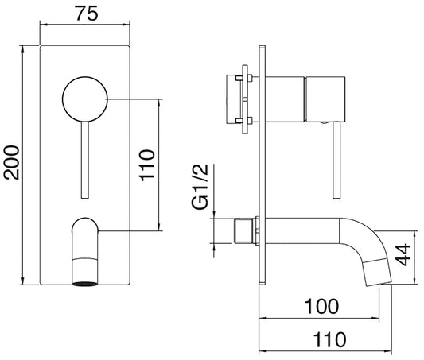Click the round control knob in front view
(84, 99)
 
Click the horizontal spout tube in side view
(302, 230)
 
